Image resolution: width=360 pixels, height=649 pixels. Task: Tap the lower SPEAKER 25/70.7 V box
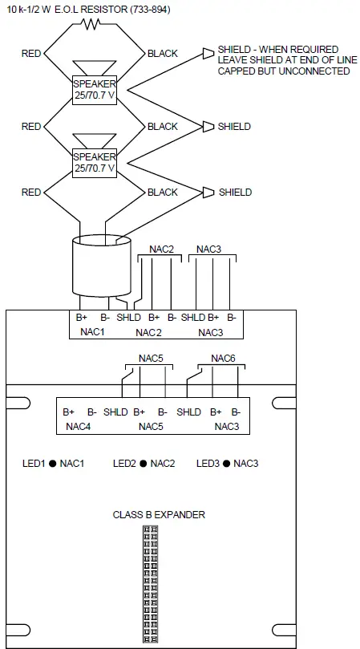(x=95, y=163)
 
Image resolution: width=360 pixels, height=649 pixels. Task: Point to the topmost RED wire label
(x=31, y=54)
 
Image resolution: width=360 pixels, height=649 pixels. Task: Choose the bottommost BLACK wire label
(x=162, y=193)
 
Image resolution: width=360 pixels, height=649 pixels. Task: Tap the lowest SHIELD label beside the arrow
(x=234, y=193)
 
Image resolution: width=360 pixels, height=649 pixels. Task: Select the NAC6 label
(x=223, y=359)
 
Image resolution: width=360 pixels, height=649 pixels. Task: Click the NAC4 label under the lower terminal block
(x=78, y=426)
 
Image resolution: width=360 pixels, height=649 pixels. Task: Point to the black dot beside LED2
(x=143, y=464)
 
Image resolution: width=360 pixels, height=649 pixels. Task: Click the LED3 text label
(x=208, y=464)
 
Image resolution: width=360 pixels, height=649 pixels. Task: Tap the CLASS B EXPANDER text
(x=159, y=514)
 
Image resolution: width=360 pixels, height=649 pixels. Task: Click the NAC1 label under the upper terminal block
(x=91, y=331)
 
